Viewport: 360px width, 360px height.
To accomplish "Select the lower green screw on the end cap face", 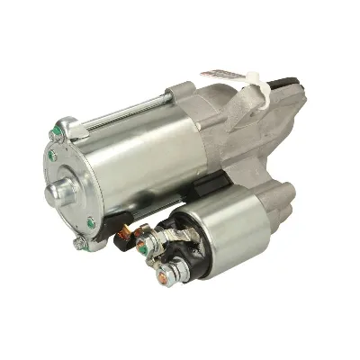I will click(91, 222).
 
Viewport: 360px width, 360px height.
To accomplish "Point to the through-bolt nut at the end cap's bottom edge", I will click(80, 242).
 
